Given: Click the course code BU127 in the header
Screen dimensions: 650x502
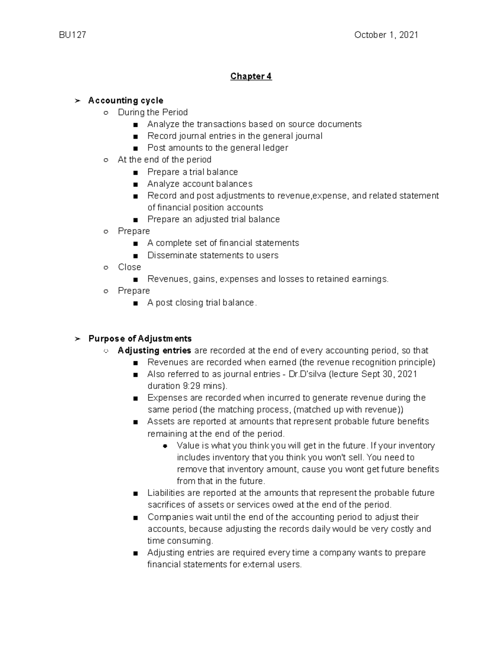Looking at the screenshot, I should (x=72, y=35).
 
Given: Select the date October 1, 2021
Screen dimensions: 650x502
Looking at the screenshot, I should (x=386, y=35).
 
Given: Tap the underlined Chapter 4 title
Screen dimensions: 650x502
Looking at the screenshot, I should (x=251, y=76).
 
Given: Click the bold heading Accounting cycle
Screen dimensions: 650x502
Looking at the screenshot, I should (x=125, y=100).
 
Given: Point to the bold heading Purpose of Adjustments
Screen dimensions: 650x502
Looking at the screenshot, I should (x=140, y=339).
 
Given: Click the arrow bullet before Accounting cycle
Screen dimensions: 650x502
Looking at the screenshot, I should (x=77, y=100).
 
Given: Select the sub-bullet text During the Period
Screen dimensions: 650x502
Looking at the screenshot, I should (x=153, y=112).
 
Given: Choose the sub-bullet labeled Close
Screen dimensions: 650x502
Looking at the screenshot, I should (x=129, y=267).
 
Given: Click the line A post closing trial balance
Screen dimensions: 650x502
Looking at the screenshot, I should (x=202, y=303).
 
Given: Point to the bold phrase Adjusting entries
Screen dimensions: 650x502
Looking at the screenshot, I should (x=154, y=350).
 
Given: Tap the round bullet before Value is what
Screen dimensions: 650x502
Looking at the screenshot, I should (x=165, y=446).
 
